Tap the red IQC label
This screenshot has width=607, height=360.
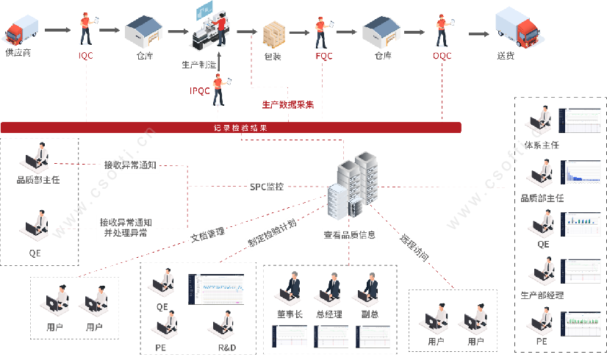pyautogui.click(x=86, y=55)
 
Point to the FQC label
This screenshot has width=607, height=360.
pyautogui.click(x=323, y=55)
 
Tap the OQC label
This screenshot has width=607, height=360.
pyautogui.click(x=442, y=55)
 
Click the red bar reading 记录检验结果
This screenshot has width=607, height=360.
pyautogui.click(x=231, y=128)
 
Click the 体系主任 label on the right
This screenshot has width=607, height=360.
pyautogui.click(x=542, y=145)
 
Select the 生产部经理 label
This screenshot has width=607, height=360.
pyautogui.click(x=542, y=295)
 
